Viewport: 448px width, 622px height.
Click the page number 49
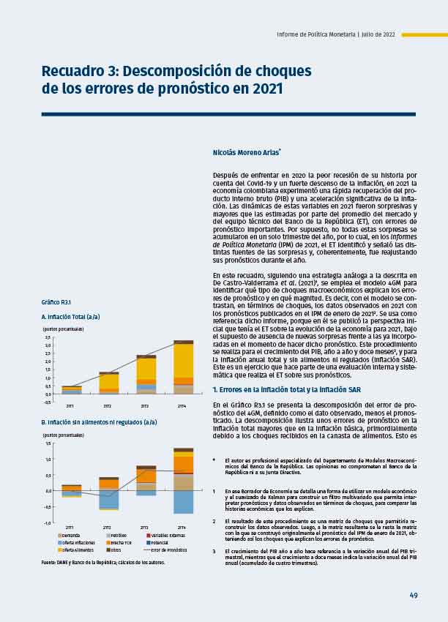[x=414, y=595]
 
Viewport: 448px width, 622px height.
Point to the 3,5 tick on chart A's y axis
[x=48, y=337]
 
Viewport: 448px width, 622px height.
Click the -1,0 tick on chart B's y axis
[x=48, y=522]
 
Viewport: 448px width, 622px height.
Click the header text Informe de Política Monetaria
[x=315, y=34]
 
